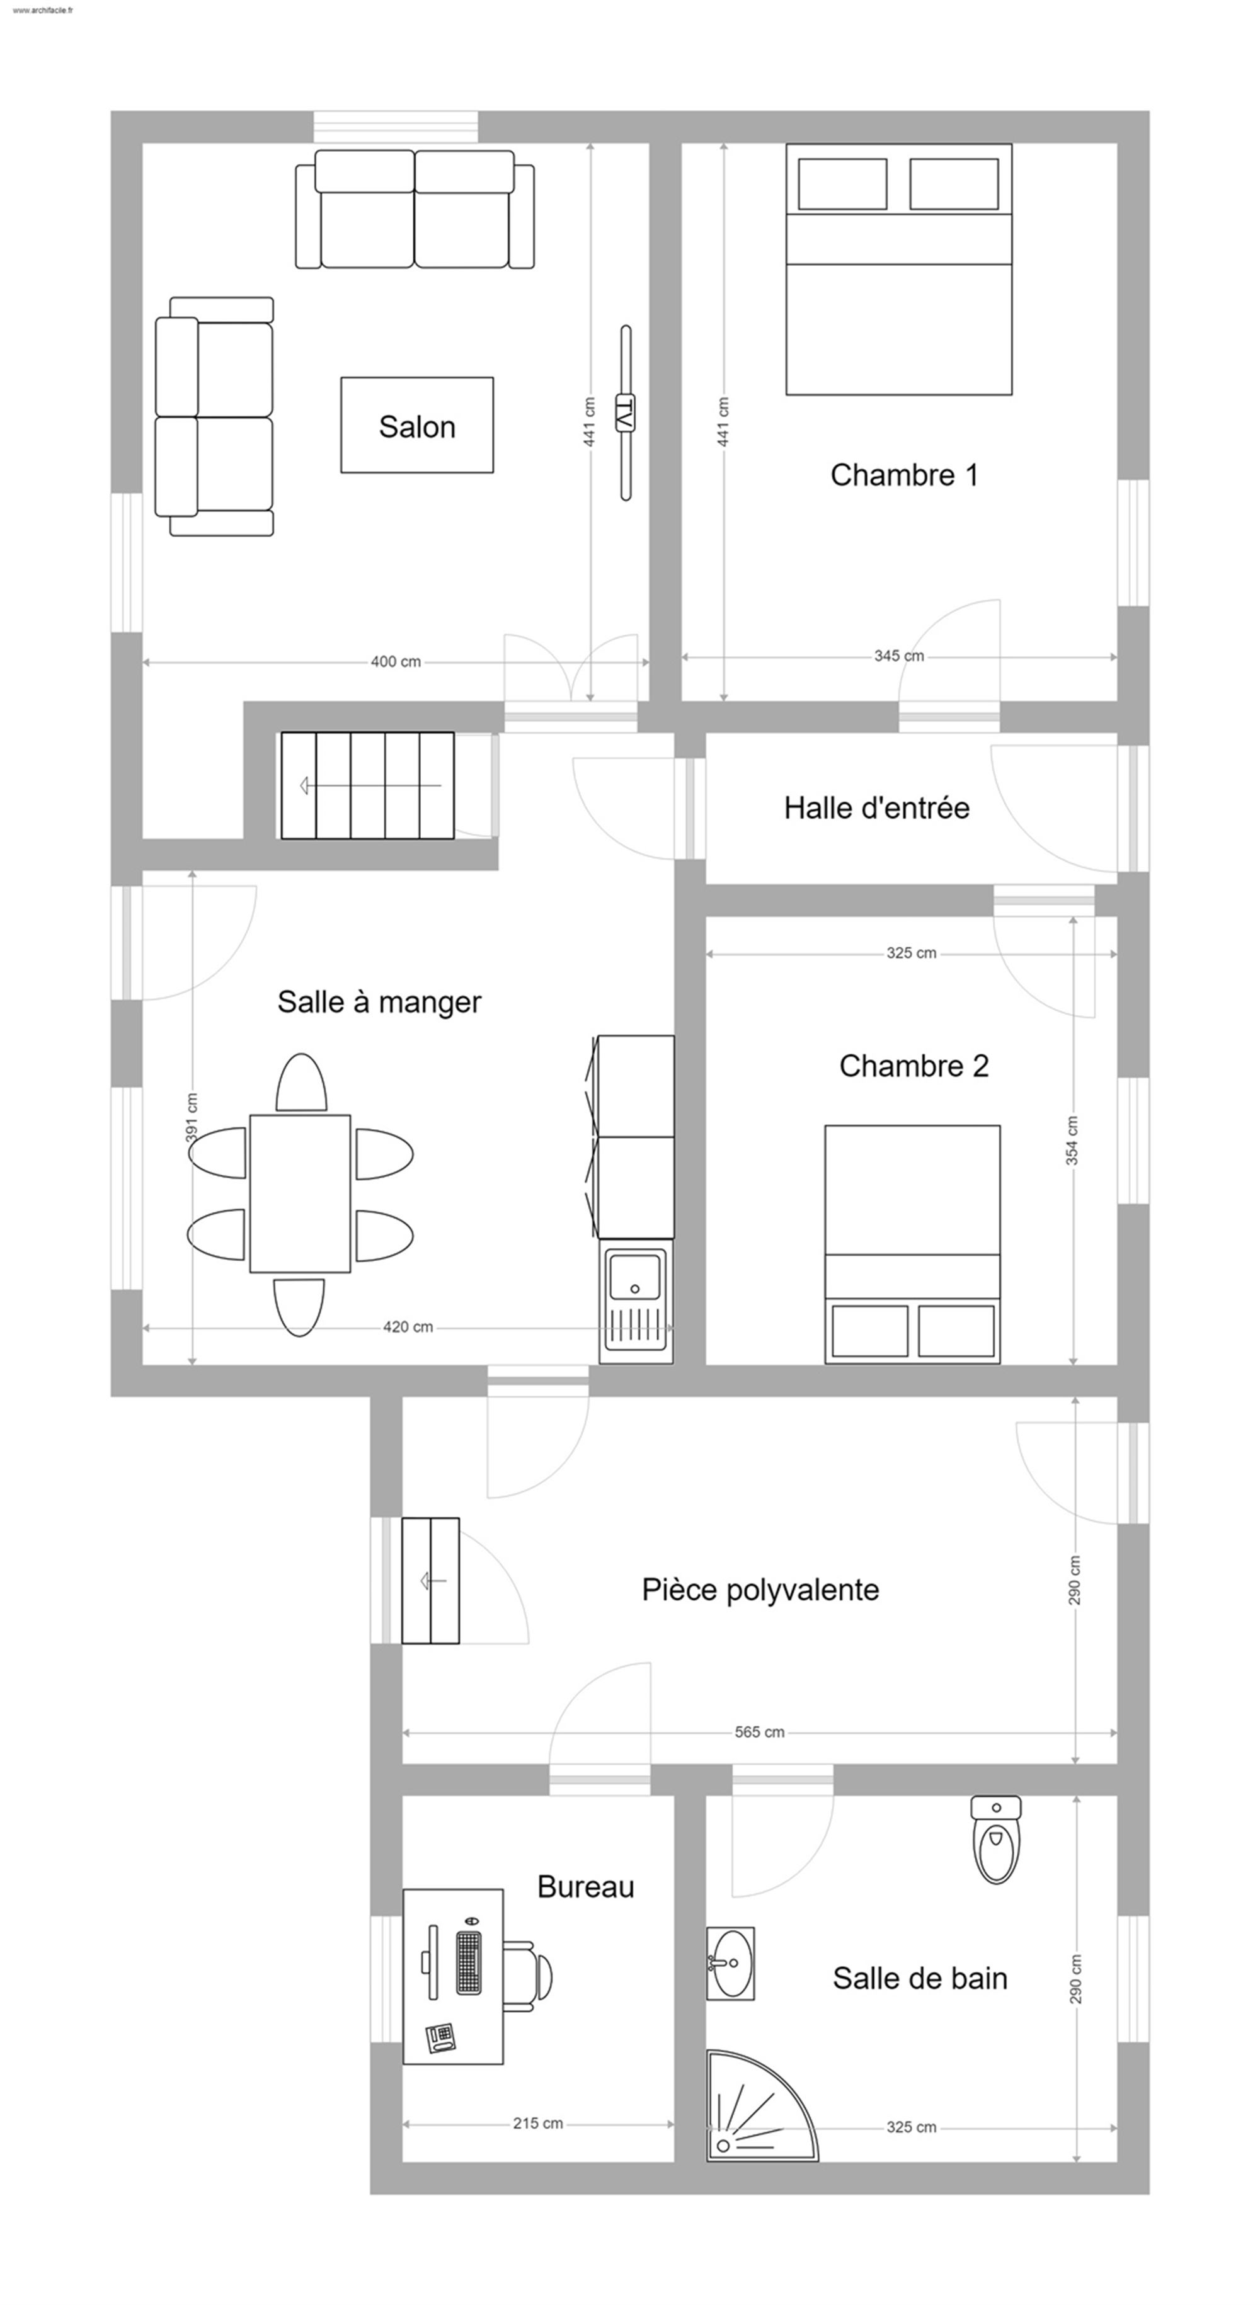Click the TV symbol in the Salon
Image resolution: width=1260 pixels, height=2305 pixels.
tap(626, 413)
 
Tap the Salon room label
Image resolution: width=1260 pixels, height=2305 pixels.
tap(417, 427)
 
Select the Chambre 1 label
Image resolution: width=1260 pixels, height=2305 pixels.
tap(904, 474)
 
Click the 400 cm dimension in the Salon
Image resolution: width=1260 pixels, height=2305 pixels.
tap(396, 662)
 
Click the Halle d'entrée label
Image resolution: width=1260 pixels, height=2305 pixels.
tap(876, 808)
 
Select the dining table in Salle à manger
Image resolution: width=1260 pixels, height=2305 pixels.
tap(300, 1193)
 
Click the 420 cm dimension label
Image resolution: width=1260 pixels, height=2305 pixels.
tap(408, 1327)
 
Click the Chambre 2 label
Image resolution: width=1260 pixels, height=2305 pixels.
tap(913, 1066)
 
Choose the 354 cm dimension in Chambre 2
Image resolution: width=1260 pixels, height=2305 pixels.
tap(1072, 1140)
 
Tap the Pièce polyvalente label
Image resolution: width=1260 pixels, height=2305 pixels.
tap(760, 1589)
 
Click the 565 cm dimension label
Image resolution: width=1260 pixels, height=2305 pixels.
tap(760, 1733)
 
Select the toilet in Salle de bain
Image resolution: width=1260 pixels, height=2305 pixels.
tap(996, 1839)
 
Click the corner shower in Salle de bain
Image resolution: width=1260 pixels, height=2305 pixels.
tap(752, 2116)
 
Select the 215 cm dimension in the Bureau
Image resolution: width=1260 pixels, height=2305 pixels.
tap(538, 2124)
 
